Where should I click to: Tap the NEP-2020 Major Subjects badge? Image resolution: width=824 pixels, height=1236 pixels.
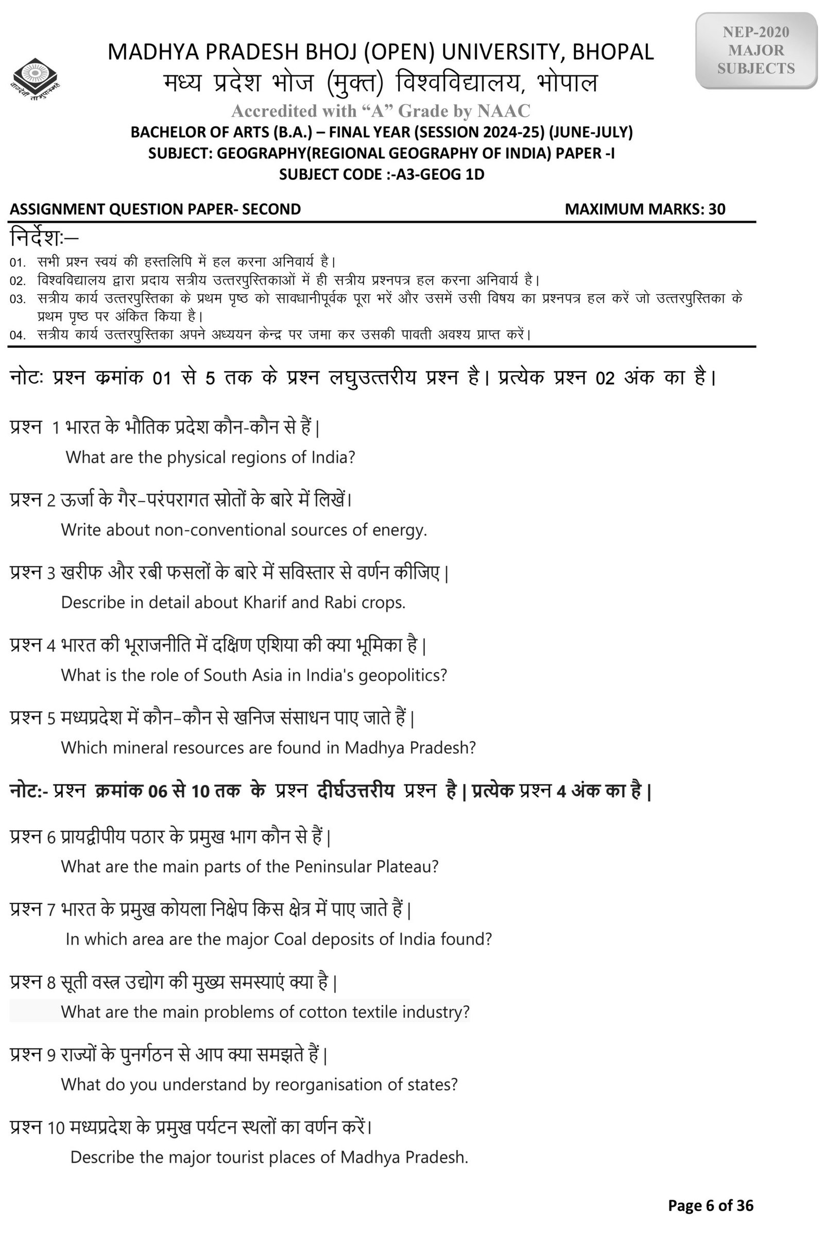756,50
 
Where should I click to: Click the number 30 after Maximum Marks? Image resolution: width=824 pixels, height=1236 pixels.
716,209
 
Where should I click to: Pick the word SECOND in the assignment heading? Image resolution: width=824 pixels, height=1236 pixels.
271,209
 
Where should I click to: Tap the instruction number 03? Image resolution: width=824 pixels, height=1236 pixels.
18,299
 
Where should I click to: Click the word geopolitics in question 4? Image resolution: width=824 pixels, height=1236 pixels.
402,675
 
